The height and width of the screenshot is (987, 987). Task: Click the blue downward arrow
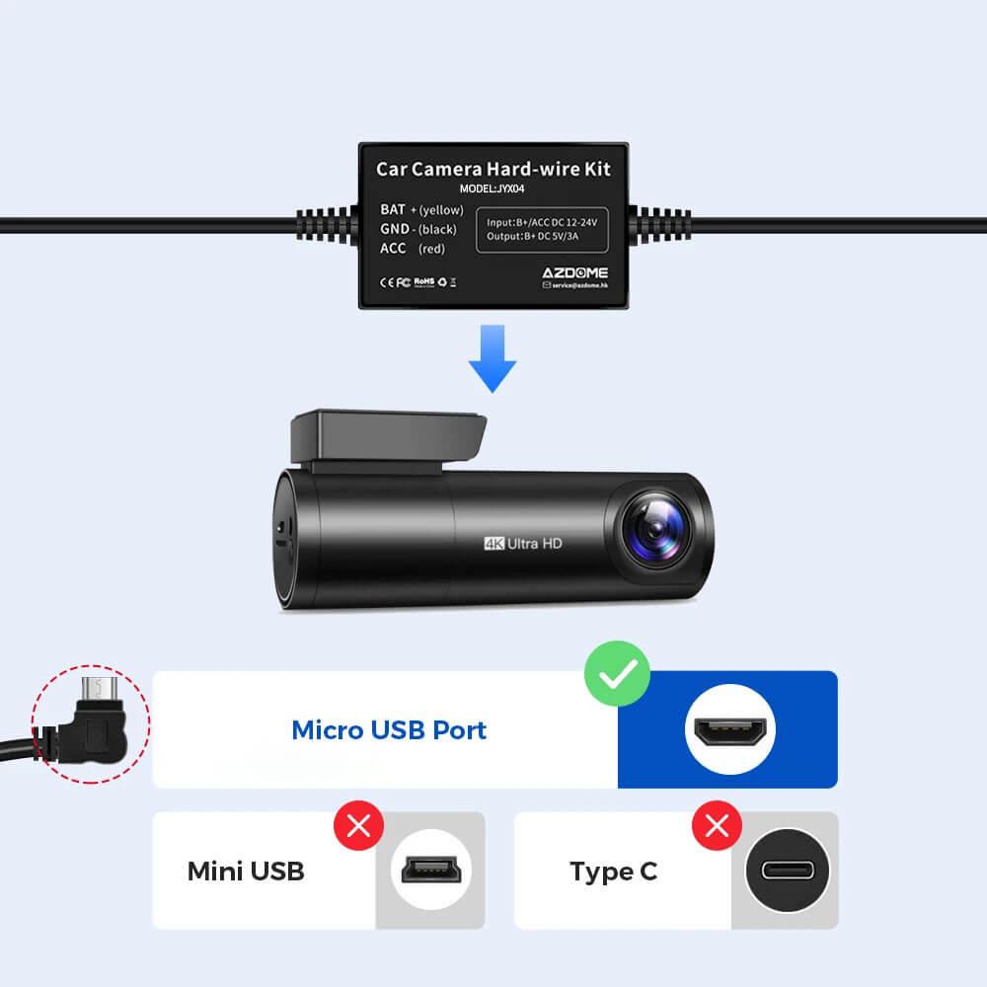pyautogui.click(x=492, y=362)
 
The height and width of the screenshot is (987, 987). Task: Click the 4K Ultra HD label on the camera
pyautogui.click(x=522, y=542)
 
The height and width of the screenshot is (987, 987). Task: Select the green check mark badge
pyautogui.click(x=617, y=675)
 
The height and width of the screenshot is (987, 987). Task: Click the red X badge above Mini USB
pyautogui.click(x=358, y=825)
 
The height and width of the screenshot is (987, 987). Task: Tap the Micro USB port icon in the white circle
pyautogui.click(x=728, y=730)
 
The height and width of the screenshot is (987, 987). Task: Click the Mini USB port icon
pyautogui.click(x=430, y=871)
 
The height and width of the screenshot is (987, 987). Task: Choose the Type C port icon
pyautogui.click(x=787, y=871)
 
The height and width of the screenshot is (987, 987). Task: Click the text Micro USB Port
pyautogui.click(x=389, y=730)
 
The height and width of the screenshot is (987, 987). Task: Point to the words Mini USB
pyautogui.click(x=246, y=872)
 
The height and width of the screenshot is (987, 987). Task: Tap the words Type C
pyautogui.click(x=613, y=872)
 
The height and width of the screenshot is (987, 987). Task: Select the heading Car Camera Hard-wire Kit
pyautogui.click(x=493, y=169)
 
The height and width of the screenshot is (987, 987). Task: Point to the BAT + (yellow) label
pyautogui.click(x=421, y=209)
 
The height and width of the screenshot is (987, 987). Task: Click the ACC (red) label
pyautogui.click(x=412, y=248)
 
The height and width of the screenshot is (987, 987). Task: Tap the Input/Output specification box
pyautogui.click(x=542, y=230)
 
